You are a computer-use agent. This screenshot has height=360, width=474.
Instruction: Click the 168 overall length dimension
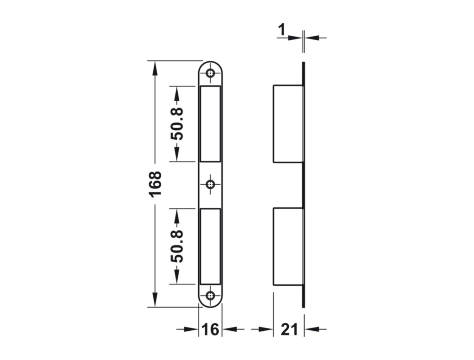(x=156, y=184)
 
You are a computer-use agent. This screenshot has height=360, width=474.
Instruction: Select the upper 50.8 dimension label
(x=177, y=124)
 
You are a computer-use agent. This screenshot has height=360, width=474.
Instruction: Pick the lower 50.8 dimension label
(x=177, y=246)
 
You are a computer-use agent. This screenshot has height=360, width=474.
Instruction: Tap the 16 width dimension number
(x=210, y=329)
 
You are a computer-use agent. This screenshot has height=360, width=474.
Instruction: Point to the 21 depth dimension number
(x=289, y=329)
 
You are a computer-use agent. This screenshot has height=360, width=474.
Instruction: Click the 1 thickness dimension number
(x=282, y=30)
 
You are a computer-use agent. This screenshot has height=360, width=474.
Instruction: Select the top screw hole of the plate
(x=210, y=73)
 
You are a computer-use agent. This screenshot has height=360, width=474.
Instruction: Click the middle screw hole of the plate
(x=210, y=184)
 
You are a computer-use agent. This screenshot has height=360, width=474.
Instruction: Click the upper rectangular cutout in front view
(x=210, y=124)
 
